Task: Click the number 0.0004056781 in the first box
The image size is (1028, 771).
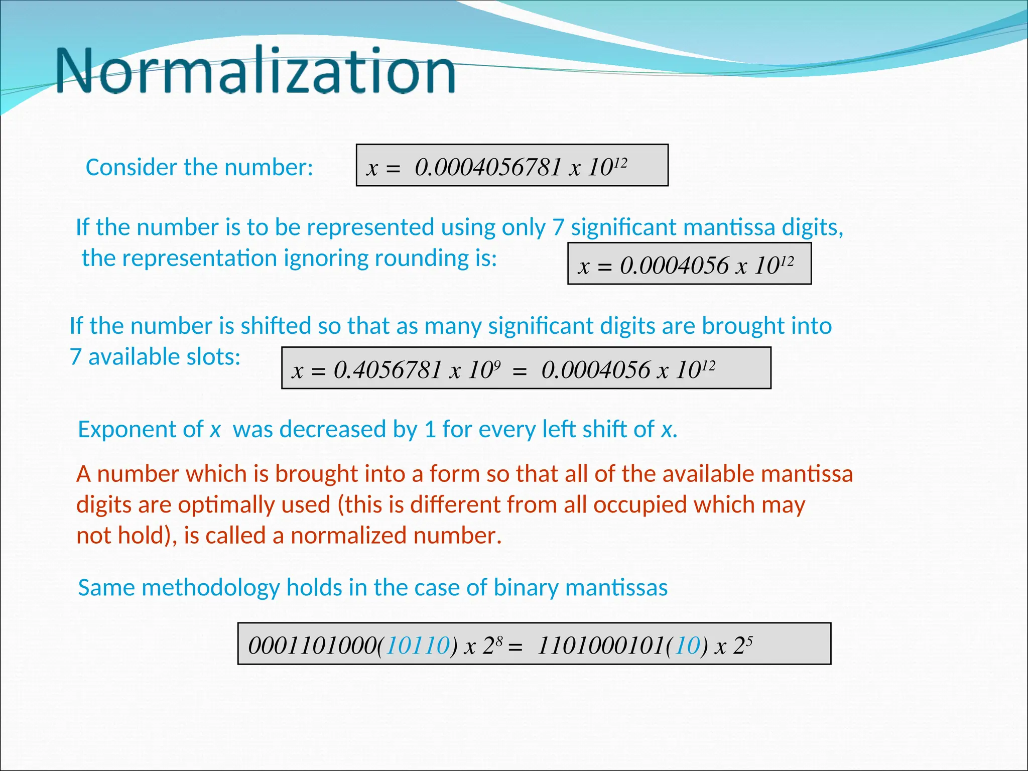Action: tap(488, 167)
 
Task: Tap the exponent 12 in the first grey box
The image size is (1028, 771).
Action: tap(620, 163)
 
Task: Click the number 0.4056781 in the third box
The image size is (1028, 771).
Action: tap(388, 370)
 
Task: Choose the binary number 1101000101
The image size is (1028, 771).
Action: tap(601, 646)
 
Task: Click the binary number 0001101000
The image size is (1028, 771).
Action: tap(311, 646)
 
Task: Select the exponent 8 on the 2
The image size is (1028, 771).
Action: tap(499, 640)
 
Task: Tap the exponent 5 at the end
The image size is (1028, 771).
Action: tap(749, 640)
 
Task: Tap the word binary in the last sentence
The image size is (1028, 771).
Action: tap(526, 588)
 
